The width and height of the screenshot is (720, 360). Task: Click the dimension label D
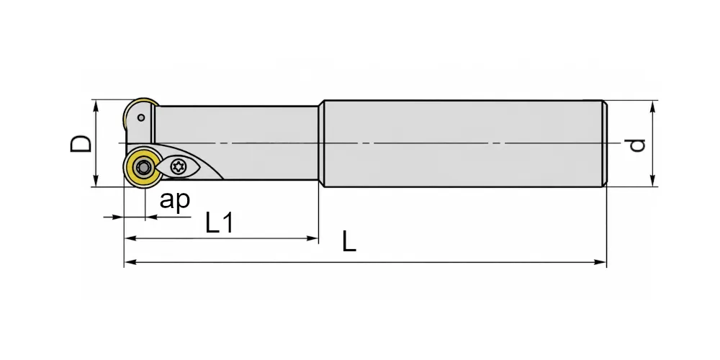[x=81, y=143]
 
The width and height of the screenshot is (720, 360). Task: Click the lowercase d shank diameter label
[x=637, y=145]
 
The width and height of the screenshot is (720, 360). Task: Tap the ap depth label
[x=174, y=201]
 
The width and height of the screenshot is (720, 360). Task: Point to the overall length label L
[x=349, y=241]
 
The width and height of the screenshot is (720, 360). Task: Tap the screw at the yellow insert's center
[x=144, y=168]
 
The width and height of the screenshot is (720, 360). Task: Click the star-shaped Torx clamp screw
[x=178, y=166]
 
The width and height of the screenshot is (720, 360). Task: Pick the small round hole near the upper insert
[x=141, y=117]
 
